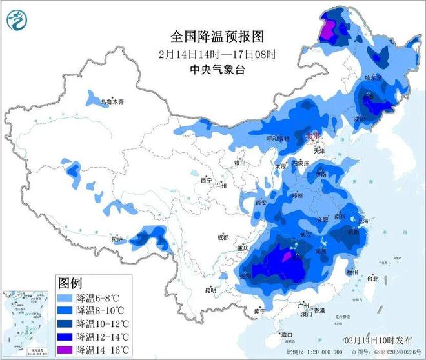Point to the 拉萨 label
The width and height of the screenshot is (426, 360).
pyautogui.click(x=117, y=239)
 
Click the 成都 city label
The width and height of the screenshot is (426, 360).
pyautogui.click(x=223, y=237)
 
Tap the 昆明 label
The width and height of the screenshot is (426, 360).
pyautogui.click(x=210, y=290)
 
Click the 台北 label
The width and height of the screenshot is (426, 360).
pyautogui.click(x=372, y=279)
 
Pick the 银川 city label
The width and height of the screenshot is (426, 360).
pyautogui.click(x=239, y=163)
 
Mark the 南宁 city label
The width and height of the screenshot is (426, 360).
pyautogui.click(x=259, y=310)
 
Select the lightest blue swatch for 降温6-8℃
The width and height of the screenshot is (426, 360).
pyautogui.click(x=65, y=298)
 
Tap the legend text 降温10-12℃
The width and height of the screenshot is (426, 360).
pyautogui.click(x=97, y=323)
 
